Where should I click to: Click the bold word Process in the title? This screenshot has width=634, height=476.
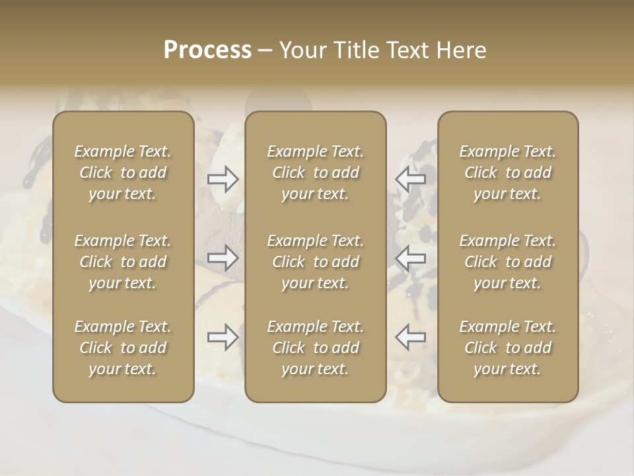click(207, 50)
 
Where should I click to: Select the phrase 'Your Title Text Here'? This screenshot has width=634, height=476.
click(383, 50)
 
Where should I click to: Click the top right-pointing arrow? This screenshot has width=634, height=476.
click(223, 179)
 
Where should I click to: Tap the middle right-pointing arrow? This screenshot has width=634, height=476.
click(223, 257)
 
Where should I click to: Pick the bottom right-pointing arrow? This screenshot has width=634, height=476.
click(223, 337)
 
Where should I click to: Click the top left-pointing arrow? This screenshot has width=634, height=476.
click(410, 179)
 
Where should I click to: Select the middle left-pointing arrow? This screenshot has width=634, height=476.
click(410, 257)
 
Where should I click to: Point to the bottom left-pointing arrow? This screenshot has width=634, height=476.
click(410, 337)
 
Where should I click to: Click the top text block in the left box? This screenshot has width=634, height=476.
click(123, 173)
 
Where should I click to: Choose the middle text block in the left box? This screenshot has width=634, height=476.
click(123, 262)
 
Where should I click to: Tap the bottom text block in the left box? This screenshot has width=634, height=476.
click(123, 348)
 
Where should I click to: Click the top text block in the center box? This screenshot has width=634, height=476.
click(315, 173)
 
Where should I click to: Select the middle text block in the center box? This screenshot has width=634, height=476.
click(315, 262)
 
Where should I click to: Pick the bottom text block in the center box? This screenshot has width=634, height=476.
click(315, 348)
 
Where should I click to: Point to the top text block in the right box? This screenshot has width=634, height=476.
click(508, 173)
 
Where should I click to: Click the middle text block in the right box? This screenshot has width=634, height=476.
click(508, 262)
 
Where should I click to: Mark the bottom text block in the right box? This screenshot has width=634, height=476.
click(508, 348)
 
